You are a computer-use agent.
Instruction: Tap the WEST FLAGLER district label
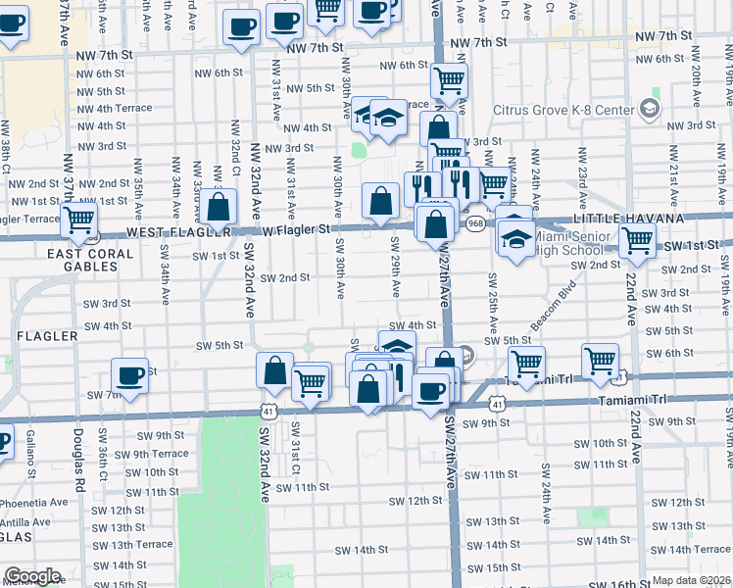(x=172, y=232)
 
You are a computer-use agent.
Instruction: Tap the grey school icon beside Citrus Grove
(x=650, y=107)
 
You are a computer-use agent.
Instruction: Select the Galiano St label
(x=31, y=448)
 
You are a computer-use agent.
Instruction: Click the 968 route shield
(x=474, y=223)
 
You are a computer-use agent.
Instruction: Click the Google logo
(x=32, y=577)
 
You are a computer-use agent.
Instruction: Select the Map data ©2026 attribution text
(x=692, y=580)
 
